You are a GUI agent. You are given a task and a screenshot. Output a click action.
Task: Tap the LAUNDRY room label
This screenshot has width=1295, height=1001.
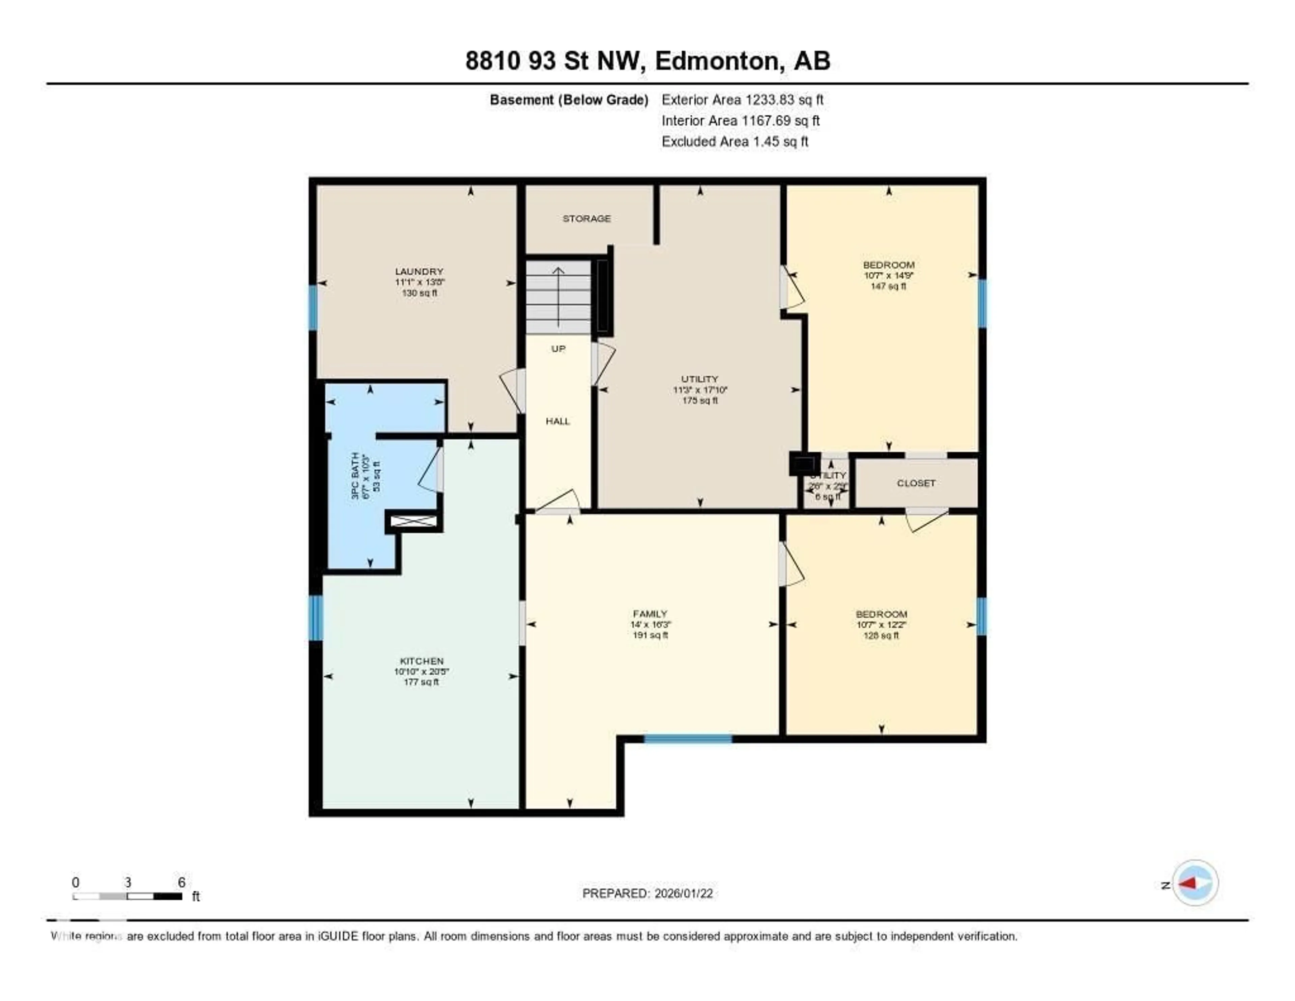pos(419,271)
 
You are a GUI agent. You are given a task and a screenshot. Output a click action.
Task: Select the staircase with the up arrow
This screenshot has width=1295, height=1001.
pos(558,297)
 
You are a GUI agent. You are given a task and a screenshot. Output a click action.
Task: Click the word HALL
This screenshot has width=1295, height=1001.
pos(557,421)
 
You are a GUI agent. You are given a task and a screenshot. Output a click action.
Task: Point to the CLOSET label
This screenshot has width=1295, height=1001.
pos(916,483)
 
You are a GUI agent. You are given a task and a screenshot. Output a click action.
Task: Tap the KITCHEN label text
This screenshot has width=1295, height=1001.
pos(421,660)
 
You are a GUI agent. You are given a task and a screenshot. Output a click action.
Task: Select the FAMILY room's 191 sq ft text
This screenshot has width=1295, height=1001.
pos(651,635)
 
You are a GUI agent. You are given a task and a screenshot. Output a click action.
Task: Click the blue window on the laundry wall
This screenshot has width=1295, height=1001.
pos(313,307)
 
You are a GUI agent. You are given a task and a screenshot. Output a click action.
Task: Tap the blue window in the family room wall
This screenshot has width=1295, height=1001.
pos(688,739)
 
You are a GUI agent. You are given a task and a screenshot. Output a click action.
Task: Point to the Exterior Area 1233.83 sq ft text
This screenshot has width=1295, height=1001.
pos(742,100)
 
